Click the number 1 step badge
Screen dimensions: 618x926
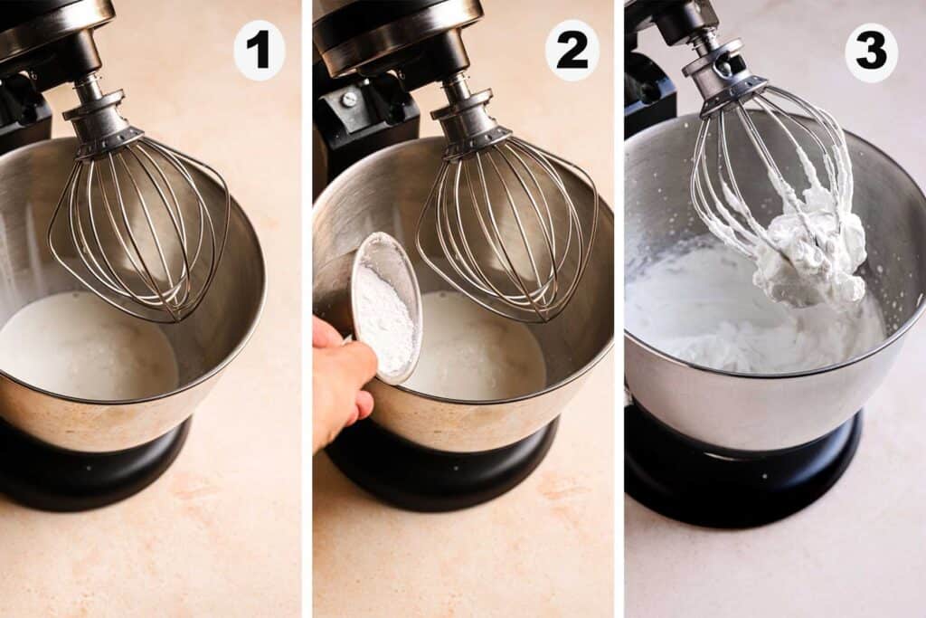tap(260, 50)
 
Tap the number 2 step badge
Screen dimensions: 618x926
tap(572, 50)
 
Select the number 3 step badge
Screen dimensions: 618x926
tap(871, 52)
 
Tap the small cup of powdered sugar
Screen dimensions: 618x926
tap(384, 308)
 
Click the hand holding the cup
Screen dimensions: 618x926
tap(339, 380)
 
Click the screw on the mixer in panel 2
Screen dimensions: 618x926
tap(349, 99)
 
